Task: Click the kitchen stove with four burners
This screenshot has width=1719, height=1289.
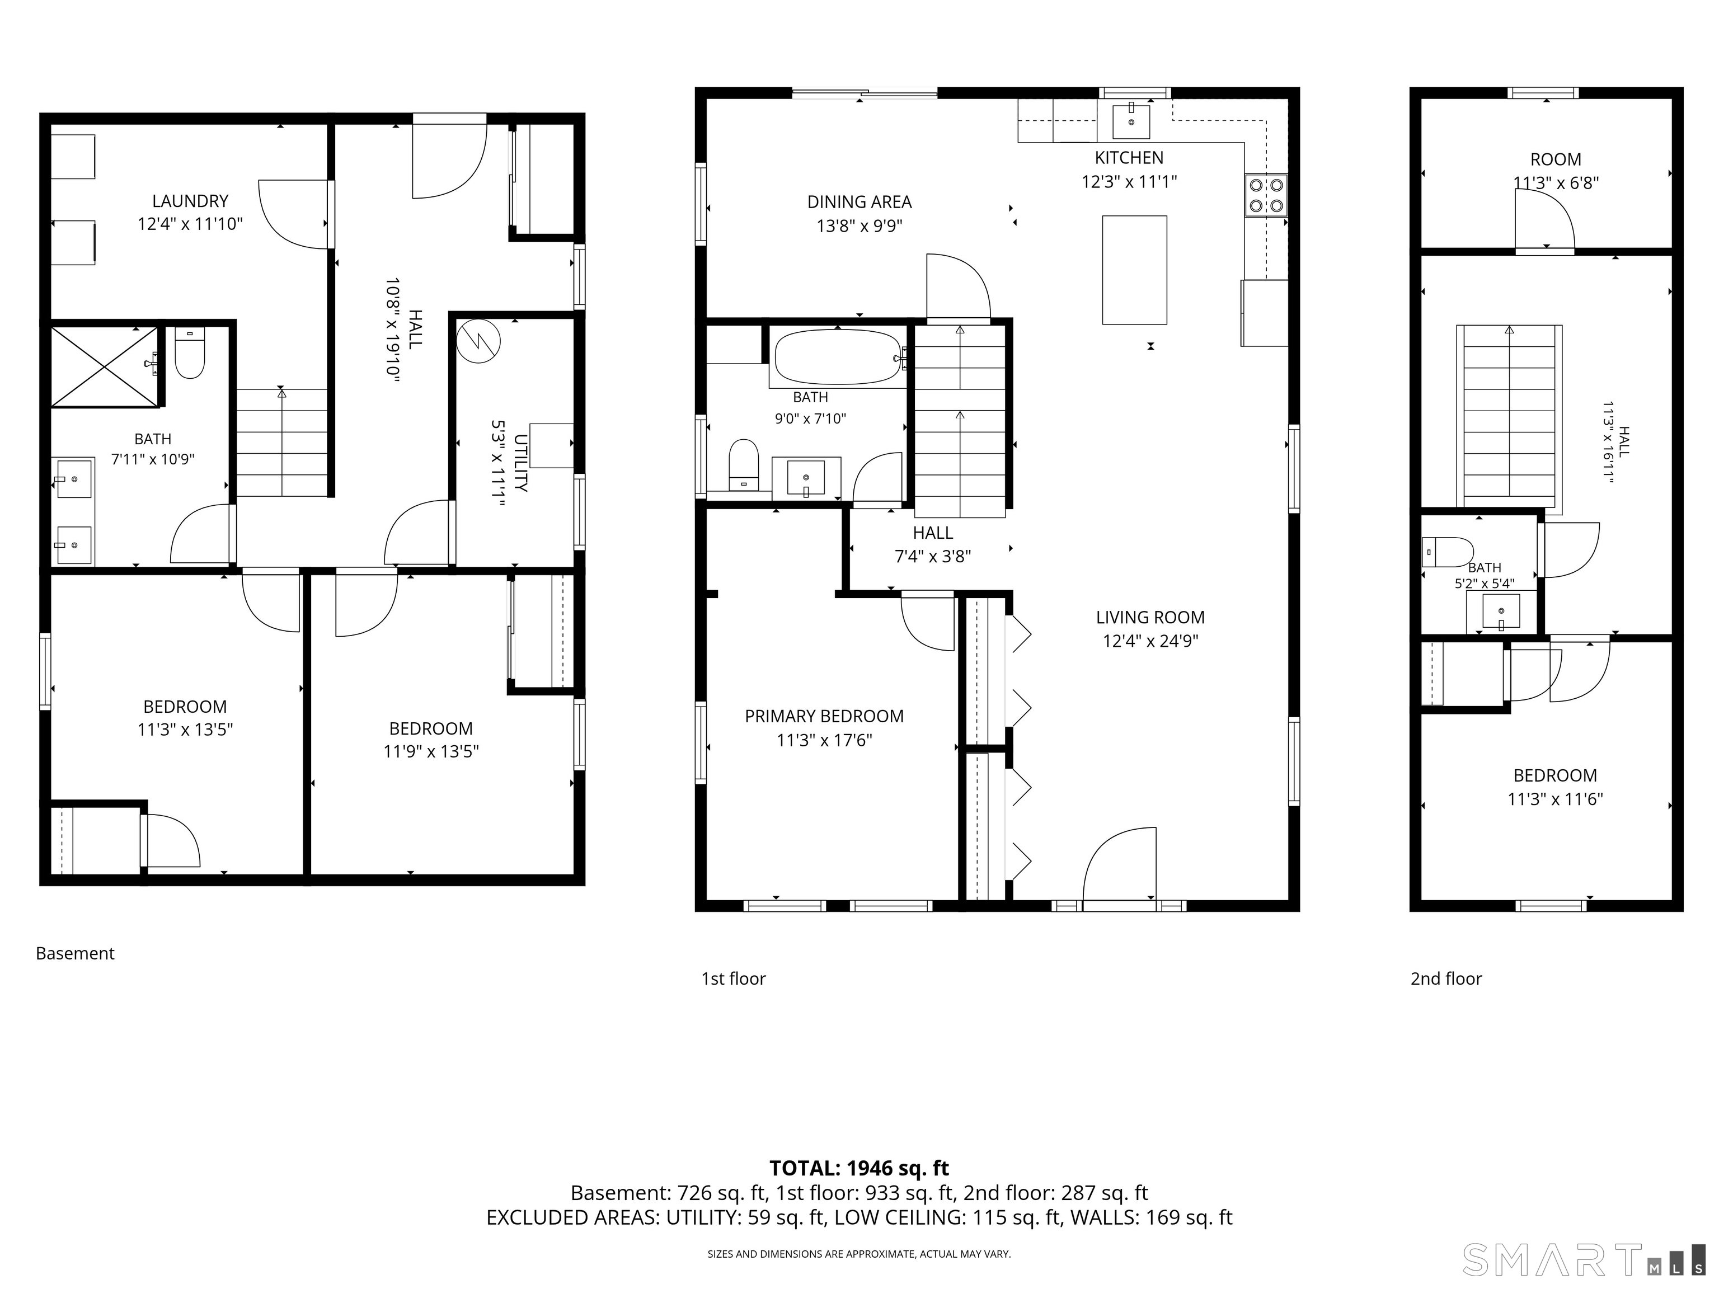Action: (1266, 195)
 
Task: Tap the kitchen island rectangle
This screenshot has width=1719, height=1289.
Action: (1134, 270)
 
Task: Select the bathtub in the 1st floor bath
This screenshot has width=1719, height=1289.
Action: (838, 356)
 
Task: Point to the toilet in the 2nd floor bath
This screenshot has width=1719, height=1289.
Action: (1447, 552)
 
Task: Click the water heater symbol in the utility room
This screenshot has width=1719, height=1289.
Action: (478, 341)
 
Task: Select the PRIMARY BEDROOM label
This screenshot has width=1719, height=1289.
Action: (825, 716)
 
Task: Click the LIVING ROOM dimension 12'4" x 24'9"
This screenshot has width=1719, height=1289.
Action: (1150, 641)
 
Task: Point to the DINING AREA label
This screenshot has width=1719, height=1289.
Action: (859, 202)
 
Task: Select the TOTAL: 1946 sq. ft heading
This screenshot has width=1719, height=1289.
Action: (859, 1168)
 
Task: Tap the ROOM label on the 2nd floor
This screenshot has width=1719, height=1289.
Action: (1556, 159)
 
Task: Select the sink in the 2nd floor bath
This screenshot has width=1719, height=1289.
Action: (1501, 611)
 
